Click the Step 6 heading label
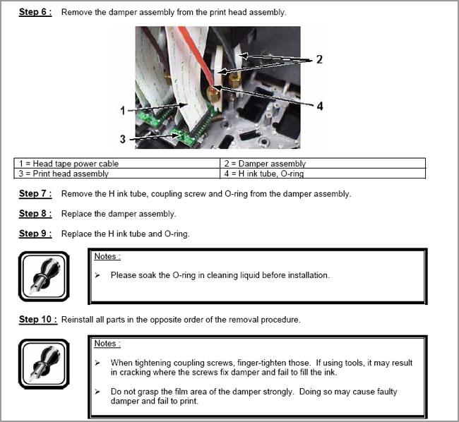coord(35,13)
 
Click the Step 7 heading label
coord(35,193)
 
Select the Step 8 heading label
coord(35,213)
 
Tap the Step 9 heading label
coord(35,234)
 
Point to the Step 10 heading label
coord(37,319)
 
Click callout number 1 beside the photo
coord(122,111)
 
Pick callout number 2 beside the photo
coord(319,60)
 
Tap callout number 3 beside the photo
coord(122,139)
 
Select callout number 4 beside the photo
coord(319,107)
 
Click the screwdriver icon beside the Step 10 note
coord(43,365)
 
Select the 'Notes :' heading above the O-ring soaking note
coord(107,256)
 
